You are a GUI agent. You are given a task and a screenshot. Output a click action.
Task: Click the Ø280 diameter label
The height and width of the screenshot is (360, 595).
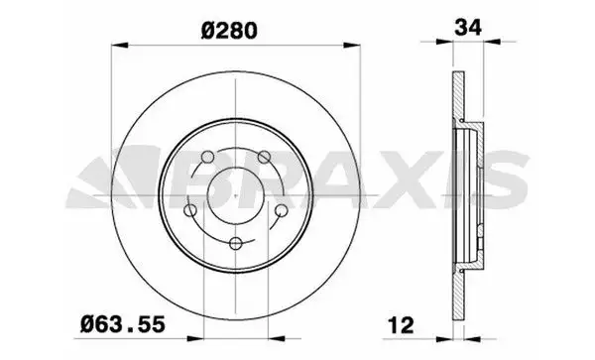229,31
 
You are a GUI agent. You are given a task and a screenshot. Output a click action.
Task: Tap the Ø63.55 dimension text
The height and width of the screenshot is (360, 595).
123,324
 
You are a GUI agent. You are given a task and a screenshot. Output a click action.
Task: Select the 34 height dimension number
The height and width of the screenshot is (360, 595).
468,28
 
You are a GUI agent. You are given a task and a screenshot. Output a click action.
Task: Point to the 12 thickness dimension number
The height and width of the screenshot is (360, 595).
401,325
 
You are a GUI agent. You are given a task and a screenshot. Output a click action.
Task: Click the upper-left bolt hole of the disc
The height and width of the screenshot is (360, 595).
207,157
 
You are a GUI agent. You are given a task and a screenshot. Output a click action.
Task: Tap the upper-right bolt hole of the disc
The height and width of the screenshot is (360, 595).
264,157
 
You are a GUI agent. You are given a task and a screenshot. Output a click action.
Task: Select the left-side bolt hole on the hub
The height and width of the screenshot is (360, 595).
190,210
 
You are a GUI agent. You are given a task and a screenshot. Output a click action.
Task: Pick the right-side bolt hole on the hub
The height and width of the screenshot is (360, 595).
282,210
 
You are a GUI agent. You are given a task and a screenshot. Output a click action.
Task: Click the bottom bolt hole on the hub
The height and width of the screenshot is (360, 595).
236,243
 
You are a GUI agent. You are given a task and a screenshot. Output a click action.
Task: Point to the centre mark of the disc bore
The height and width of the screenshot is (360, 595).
236,195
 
